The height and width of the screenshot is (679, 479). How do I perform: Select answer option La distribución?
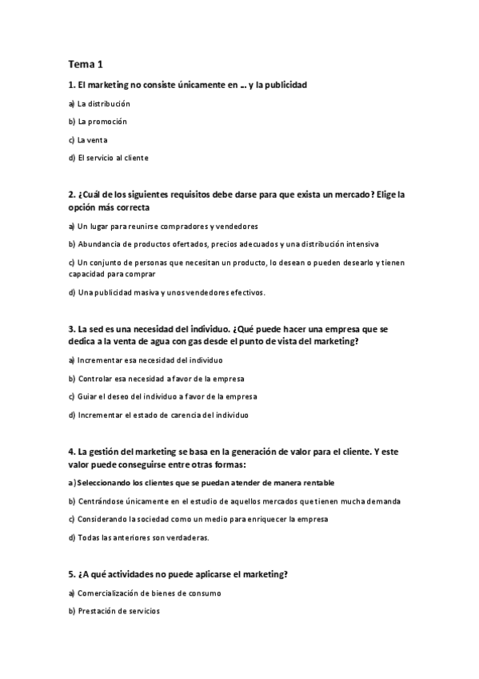click(99, 103)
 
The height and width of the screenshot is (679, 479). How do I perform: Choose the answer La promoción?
click(98, 122)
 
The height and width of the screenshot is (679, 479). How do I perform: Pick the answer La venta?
click(88, 139)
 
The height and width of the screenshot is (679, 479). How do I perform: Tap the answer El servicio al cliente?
click(108, 158)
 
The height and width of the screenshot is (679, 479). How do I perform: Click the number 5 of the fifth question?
click(72, 574)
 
